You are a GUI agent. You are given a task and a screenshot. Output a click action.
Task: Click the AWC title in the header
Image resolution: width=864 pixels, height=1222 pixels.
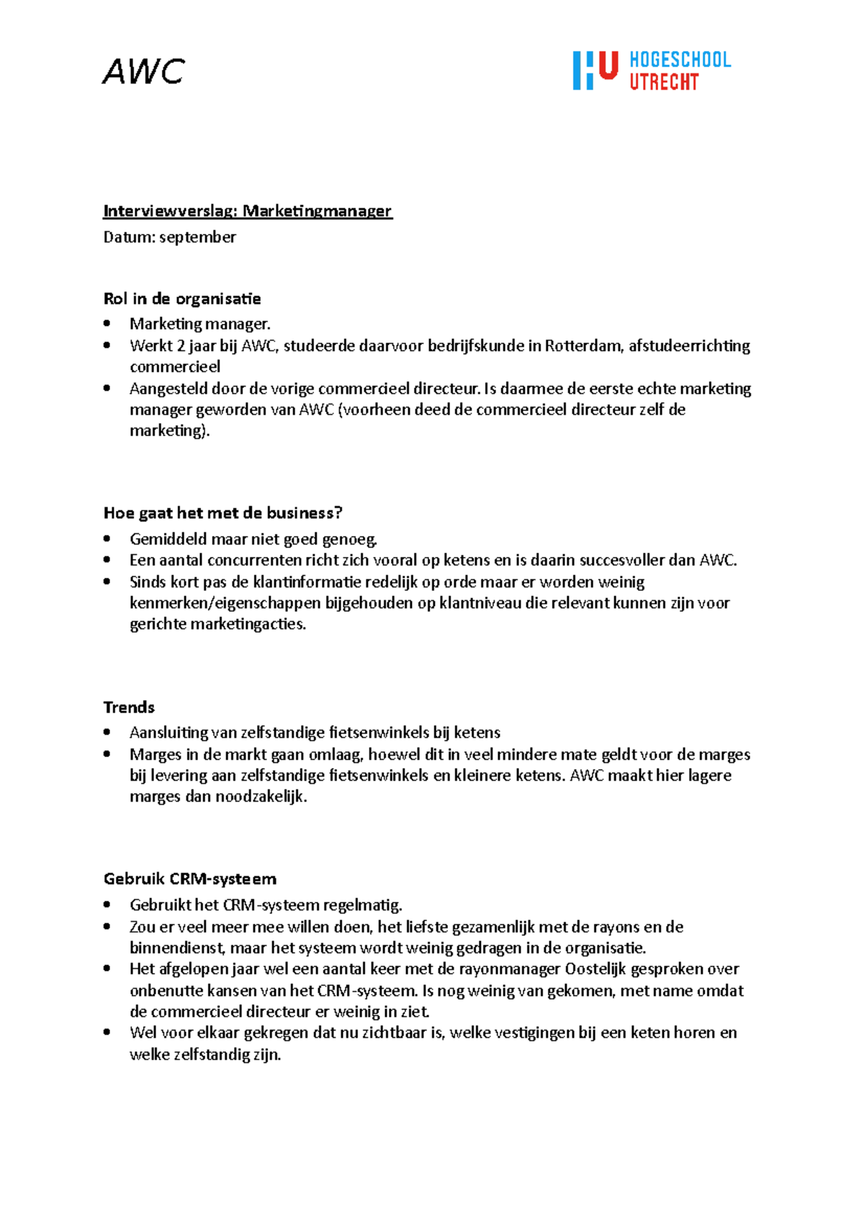[x=143, y=71]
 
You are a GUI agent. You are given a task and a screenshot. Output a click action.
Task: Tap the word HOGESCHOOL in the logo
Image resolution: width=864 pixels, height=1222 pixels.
[x=680, y=60]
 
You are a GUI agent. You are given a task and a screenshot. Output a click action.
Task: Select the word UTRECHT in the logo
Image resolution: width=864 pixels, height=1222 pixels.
[x=664, y=82]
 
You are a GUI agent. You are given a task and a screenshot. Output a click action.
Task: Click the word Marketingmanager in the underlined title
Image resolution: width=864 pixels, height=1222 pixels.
[x=317, y=211]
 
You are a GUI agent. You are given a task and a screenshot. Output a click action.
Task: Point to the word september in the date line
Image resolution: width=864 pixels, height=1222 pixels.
[x=197, y=237]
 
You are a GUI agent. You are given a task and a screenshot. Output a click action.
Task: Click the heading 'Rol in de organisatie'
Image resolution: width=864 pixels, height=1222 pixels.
[x=182, y=299]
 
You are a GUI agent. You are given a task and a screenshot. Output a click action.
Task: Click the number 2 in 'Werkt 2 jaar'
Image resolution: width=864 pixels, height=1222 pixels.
[x=180, y=345]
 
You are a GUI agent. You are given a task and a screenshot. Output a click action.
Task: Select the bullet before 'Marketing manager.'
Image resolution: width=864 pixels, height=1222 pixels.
[x=107, y=323]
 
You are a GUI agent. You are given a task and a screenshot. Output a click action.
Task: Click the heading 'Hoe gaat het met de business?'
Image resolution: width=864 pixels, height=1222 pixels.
[x=222, y=513]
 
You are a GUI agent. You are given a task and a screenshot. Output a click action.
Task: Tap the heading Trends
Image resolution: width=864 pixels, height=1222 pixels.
[x=129, y=707]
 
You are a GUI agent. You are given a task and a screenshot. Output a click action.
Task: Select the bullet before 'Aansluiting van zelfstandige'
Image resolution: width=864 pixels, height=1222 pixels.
[x=107, y=732]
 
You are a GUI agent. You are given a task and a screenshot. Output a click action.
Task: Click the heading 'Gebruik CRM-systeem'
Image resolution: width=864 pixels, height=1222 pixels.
[x=190, y=879]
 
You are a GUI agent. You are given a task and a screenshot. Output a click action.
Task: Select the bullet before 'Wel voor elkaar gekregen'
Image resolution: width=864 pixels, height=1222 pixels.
[x=107, y=1032]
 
